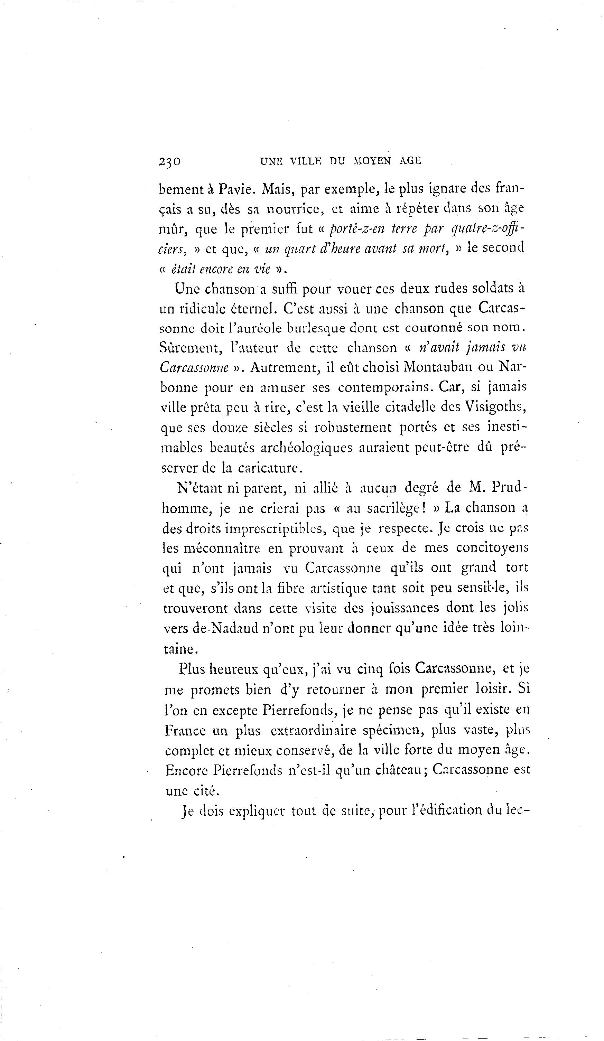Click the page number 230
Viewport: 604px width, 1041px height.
[169, 161]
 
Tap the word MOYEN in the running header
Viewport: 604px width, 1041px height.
[371, 161]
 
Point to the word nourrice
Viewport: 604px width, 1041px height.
[294, 209]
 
